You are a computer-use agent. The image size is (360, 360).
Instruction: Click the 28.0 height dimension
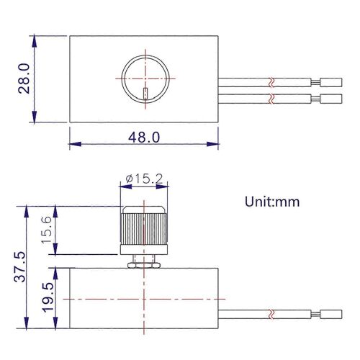coord(24,78)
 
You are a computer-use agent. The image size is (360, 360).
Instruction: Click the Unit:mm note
coord(272,201)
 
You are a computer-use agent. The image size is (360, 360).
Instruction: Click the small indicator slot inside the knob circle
coord(145,94)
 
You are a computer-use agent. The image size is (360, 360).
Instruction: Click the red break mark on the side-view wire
coord(271,314)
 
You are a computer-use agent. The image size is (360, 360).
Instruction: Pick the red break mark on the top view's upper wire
coord(271,79)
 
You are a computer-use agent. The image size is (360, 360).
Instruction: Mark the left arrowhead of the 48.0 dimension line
coord(73,143)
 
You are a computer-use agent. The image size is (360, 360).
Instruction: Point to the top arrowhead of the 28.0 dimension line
coord(35,37)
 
